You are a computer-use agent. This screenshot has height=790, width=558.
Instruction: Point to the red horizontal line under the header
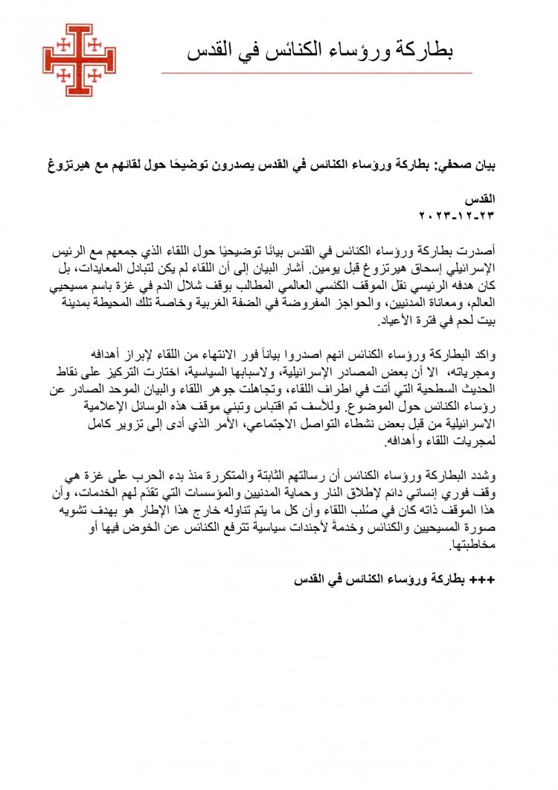[316, 73]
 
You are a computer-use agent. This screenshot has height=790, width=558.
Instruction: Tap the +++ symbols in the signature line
[477, 579]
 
